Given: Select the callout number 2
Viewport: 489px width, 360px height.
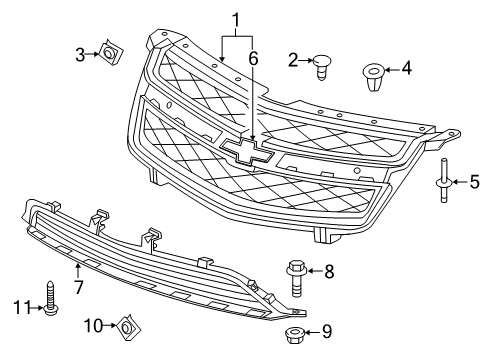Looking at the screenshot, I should (294, 61).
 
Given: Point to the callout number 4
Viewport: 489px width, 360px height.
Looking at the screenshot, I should (406, 69).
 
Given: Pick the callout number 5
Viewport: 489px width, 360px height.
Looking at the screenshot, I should (475, 181).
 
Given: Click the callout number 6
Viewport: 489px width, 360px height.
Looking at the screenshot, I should (254, 59).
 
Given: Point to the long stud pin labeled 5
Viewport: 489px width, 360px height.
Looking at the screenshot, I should (442, 180).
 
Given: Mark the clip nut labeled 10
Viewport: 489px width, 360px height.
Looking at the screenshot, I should (127, 325).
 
